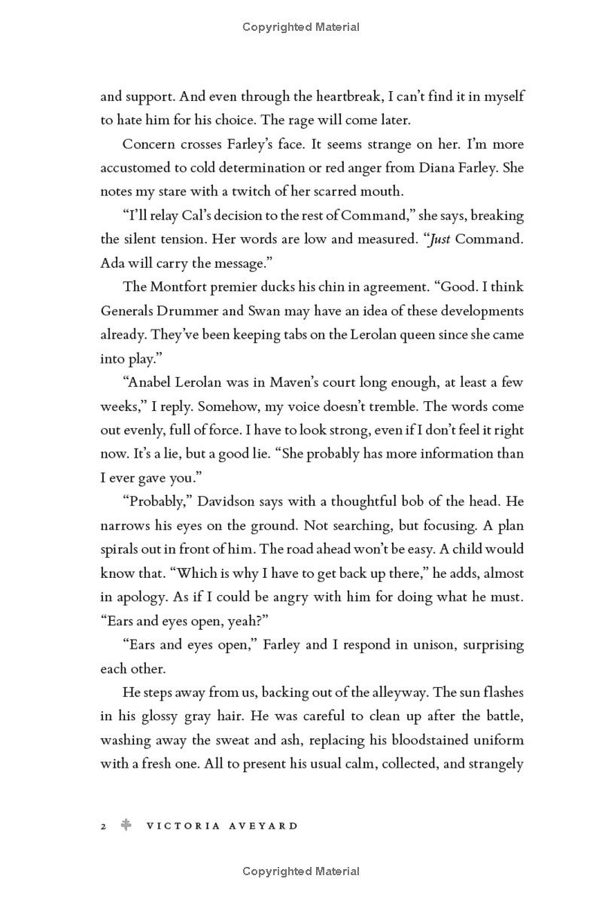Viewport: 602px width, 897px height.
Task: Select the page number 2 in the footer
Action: [104, 826]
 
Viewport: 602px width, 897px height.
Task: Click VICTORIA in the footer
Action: [184, 826]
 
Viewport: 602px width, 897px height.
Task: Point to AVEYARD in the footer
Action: [266, 826]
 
